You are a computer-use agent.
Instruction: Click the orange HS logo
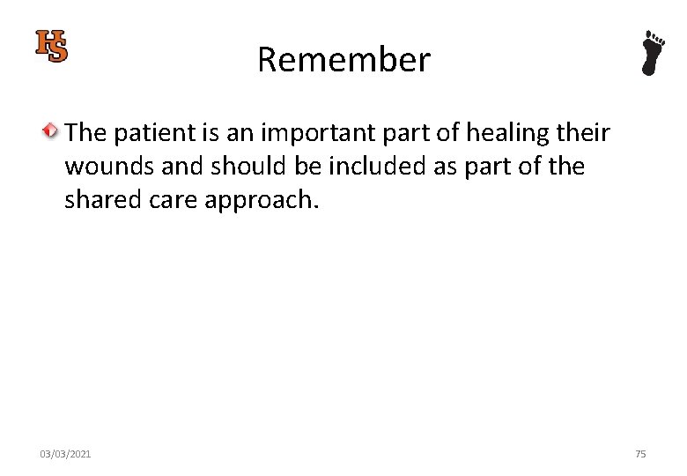[x=51, y=46]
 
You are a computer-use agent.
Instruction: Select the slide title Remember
[x=343, y=60]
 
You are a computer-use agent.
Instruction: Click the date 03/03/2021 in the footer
[x=65, y=454]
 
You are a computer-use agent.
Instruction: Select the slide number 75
[x=640, y=454]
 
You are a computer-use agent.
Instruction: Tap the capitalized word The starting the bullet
[x=85, y=133]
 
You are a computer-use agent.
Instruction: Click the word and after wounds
[x=181, y=167]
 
